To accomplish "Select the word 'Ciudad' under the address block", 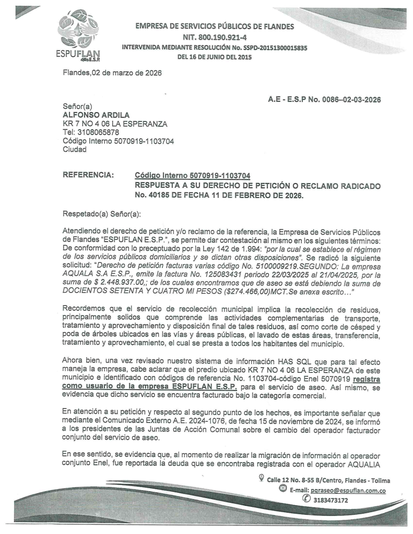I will point(74,149).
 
